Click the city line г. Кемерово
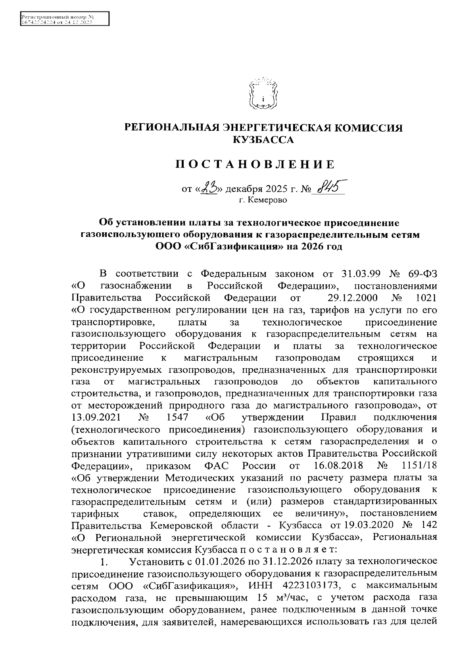coord(263,200)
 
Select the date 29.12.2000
coord(353,298)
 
